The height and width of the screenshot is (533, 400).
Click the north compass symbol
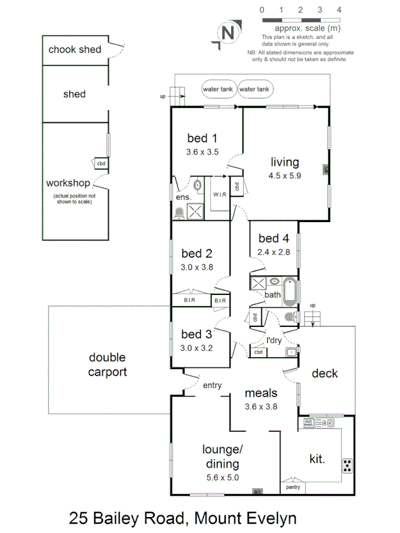pyautogui.click(x=226, y=33)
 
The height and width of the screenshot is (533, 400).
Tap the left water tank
pyautogui.click(x=218, y=89)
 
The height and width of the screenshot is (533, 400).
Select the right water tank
pyautogui.click(x=254, y=89)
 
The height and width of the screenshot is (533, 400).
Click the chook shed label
pyautogui.click(x=75, y=50)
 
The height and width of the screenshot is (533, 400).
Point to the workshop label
pyautogui.click(x=68, y=183)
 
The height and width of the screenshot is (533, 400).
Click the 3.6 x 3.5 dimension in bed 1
pyautogui.click(x=201, y=152)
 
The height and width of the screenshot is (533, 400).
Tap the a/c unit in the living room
pyautogui.click(x=326, y=169)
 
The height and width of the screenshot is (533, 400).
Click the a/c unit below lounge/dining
pyautogui.click(x=257, y=492)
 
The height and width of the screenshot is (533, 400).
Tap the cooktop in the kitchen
pyautogui.click(x=347, y=466)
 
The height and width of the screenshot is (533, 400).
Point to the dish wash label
pyautogui.click(x=308, y=423)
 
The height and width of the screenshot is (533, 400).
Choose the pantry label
pyautogui.click(x=293, y=487)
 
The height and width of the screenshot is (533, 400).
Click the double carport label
pyautogui.click(x=108, y=365)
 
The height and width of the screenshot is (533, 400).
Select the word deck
pyautogui.click(x=325, y=373)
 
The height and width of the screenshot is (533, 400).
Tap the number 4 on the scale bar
pyautogui.click(x=338, y=10)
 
